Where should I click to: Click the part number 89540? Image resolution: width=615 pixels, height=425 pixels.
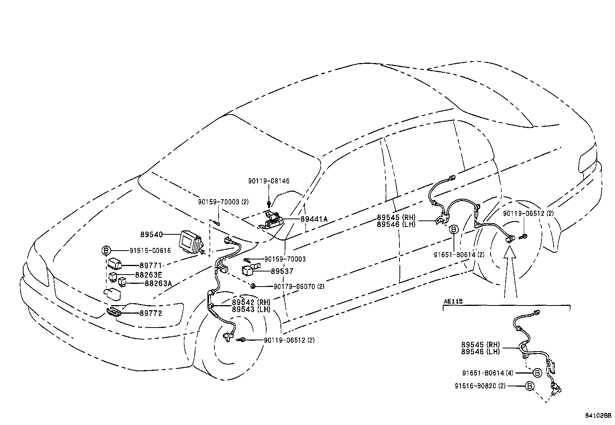151,234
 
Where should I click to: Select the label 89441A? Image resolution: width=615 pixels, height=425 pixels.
314,219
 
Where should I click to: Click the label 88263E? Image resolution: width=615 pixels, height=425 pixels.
148,275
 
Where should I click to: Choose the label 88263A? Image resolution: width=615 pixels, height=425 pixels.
158,283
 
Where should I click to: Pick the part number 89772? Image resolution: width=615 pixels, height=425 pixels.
151,313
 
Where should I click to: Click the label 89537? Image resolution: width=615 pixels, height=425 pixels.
282,271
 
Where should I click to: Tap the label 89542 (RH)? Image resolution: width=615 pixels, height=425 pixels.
251,302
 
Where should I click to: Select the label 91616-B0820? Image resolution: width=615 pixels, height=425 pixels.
474,386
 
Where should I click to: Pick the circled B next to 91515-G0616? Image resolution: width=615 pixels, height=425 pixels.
105,251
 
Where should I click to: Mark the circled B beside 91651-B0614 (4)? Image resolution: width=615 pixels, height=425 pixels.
537,373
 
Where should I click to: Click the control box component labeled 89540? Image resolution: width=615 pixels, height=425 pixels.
191,242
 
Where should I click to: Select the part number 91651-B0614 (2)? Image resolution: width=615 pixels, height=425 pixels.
459,254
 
